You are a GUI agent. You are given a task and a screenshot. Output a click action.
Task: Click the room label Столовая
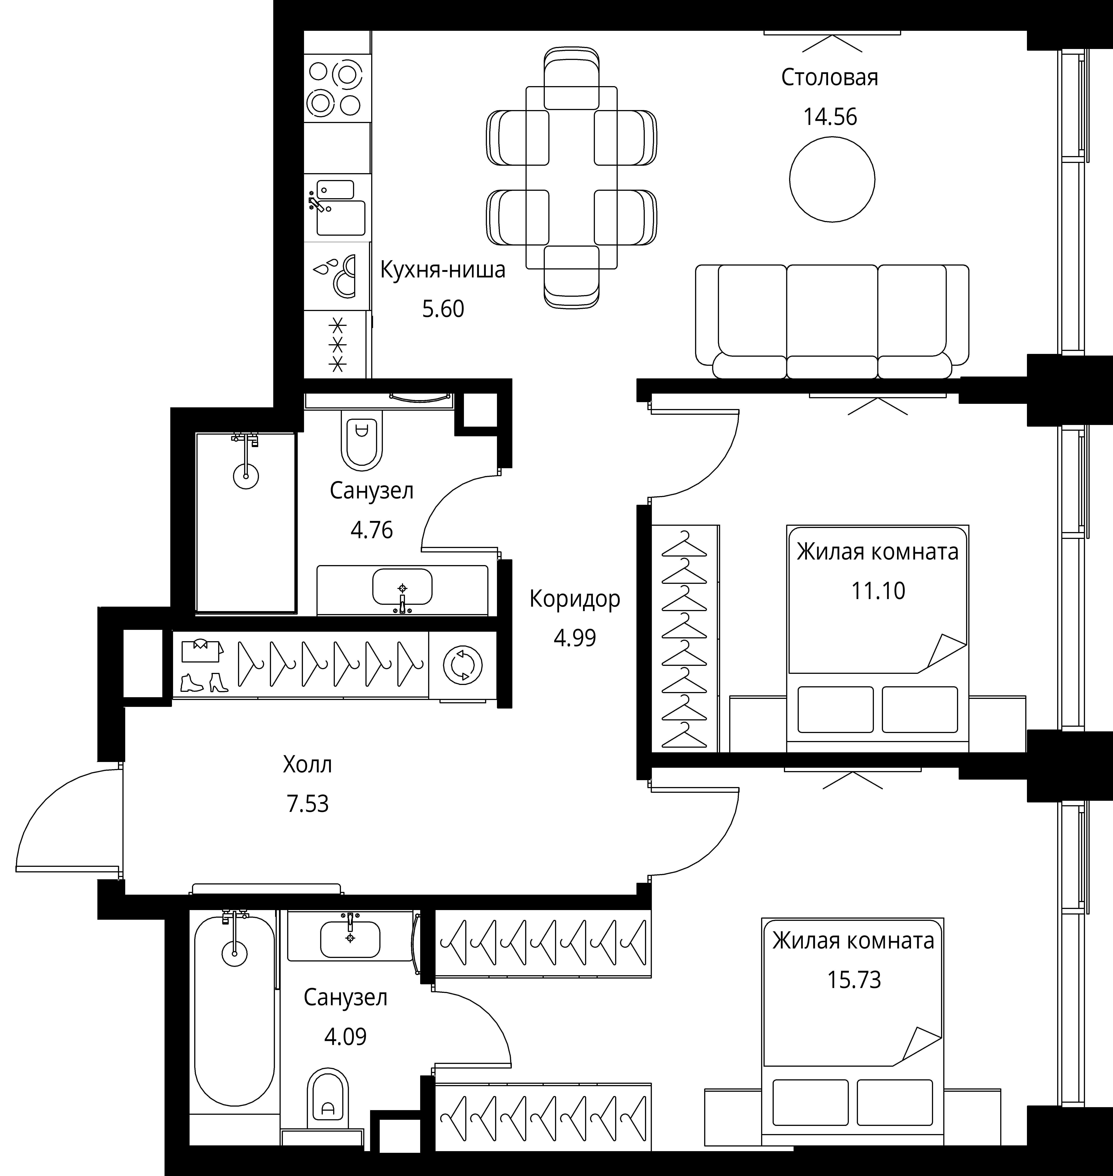829,78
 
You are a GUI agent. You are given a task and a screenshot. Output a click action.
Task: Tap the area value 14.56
830,117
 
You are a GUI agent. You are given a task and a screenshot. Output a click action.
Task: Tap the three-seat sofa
832,321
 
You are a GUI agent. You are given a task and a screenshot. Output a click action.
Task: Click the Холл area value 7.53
307,804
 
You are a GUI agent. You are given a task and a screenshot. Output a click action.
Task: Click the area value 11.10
878,591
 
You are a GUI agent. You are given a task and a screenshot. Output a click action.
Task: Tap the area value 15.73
854,980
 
